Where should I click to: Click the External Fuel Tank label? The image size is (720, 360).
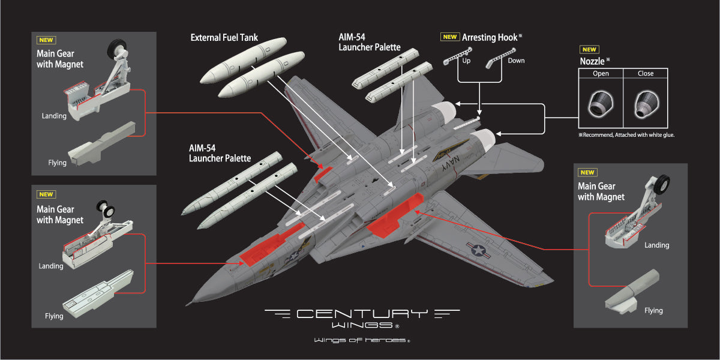(224, 38)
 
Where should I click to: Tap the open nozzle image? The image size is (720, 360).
(600, 104)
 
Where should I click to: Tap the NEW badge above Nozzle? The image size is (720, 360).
(589, 50)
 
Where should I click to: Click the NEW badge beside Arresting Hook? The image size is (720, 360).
(449, 37)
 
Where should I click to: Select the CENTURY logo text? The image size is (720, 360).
(362, 314)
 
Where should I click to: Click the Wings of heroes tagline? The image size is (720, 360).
(361, 341)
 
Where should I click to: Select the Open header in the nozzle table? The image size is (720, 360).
(600, 74)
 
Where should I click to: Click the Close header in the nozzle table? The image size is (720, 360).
(646, 74)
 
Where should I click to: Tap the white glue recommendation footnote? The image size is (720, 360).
(626, 135)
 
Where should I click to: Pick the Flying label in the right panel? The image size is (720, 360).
(653, 311)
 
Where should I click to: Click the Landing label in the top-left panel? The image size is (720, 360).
(54, 116)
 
